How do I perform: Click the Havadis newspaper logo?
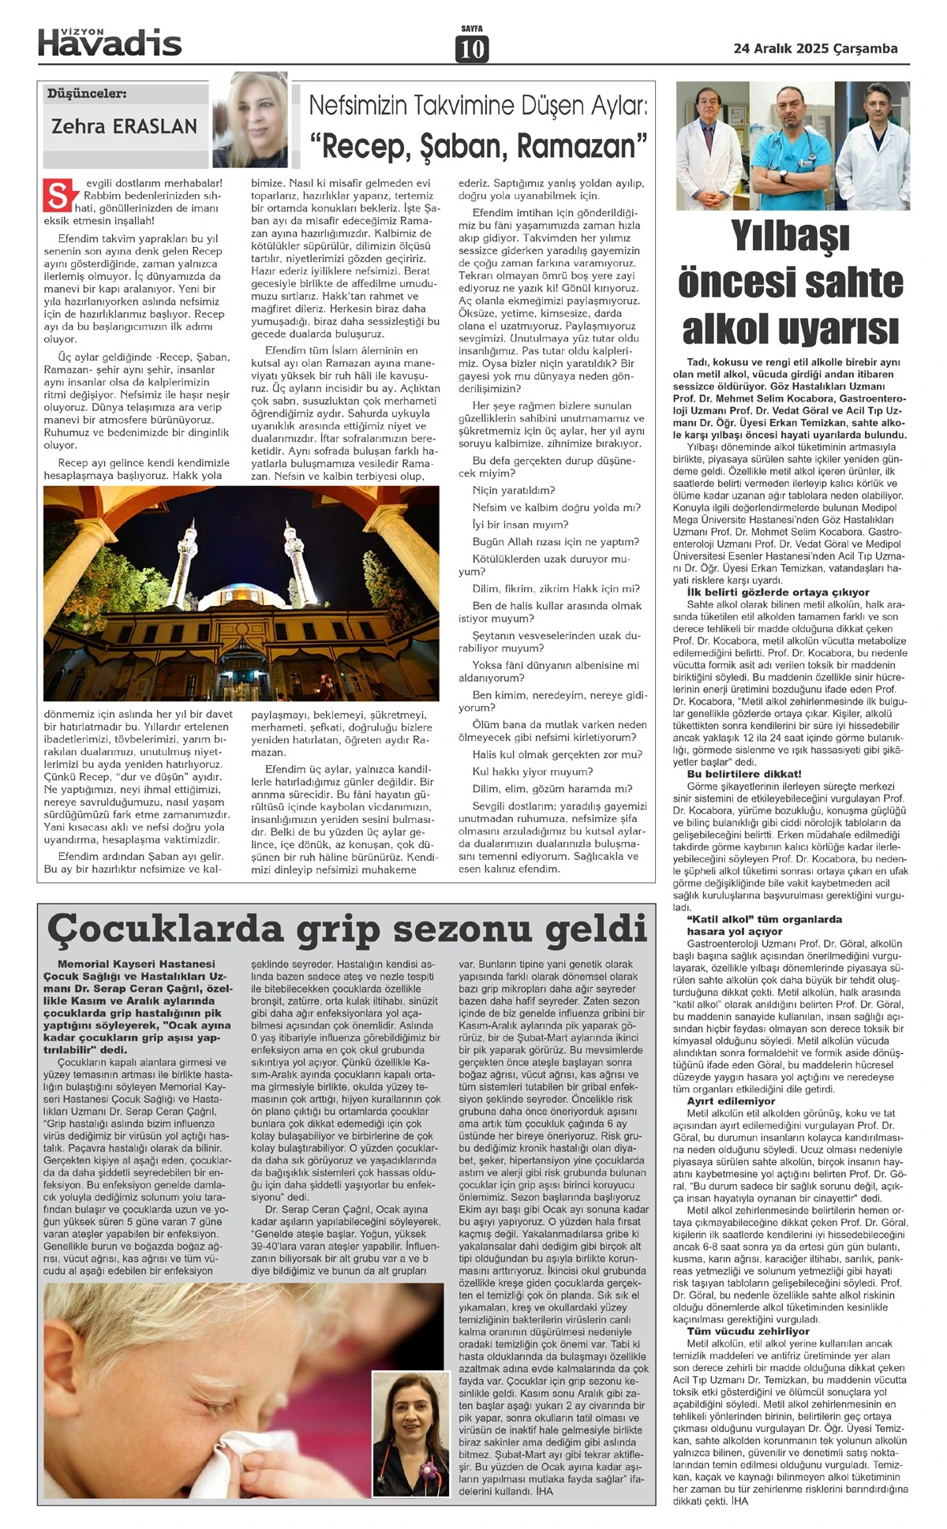110,41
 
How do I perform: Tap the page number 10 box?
471,49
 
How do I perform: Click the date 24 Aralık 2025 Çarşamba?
815,48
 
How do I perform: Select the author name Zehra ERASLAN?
124,125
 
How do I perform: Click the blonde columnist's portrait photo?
250,119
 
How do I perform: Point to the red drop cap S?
58,196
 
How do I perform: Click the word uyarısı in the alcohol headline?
845,329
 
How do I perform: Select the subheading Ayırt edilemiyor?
720,1101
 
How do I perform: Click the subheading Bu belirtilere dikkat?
733,774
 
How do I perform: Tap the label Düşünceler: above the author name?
87,94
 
